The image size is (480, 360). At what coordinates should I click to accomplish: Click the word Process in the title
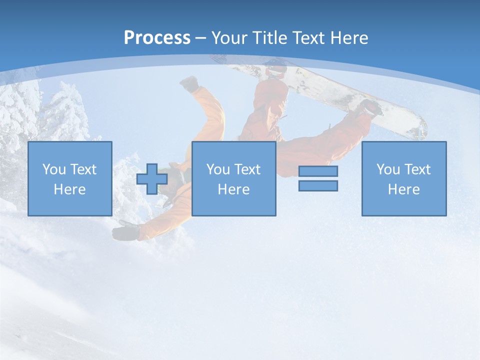coord(157,37)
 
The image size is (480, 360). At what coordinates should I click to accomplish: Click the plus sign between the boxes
coord(152,178)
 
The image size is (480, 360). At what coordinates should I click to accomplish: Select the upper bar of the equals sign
coord(318,171)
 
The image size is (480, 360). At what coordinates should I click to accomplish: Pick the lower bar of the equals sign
coord(318,185)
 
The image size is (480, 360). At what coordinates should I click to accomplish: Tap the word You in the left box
coord(54,169)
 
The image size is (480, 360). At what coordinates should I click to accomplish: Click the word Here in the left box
coord(69,189)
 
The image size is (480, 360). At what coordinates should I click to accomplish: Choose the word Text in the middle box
coord(247,169)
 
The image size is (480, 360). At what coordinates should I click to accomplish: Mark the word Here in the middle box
coord(233,189)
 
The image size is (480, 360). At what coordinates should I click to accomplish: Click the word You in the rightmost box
coord(388,169)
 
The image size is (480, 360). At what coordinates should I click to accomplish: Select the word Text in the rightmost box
coord(417,169)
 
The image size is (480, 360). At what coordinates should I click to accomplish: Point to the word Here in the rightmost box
coord(403,189)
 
